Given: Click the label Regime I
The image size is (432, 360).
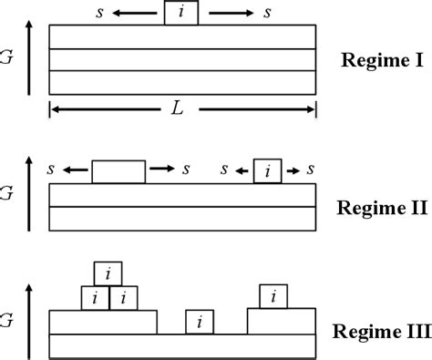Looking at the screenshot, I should pos(380,61).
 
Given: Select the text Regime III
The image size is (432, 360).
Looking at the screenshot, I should pos(382,331).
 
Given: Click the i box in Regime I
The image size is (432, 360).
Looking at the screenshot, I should pos(180,14).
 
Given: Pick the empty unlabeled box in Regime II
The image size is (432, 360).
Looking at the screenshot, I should pos(118,171).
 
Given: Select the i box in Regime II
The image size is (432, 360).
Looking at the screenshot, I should pos(266,170).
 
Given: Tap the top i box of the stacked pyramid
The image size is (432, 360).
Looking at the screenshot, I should pos(108,273).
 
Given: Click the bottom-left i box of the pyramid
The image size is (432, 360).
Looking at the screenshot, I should pos(95,297).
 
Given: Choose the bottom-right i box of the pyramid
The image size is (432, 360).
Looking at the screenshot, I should pos(123,297).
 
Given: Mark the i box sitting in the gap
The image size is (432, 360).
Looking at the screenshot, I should pos(200,322).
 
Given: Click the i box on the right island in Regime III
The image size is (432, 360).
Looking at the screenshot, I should pos(273,296).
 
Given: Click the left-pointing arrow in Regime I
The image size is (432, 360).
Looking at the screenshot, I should pos(138,13).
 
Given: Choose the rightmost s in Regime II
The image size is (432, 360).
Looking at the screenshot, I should pos(313,169).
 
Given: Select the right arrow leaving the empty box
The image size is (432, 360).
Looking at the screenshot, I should pos(161,169).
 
